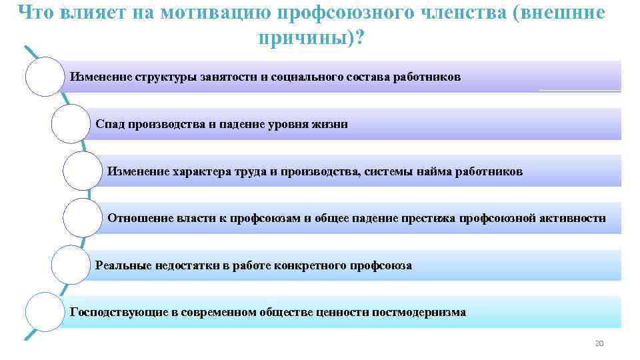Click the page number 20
[x=598, y=343]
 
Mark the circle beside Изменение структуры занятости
[x=45, y=77]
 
